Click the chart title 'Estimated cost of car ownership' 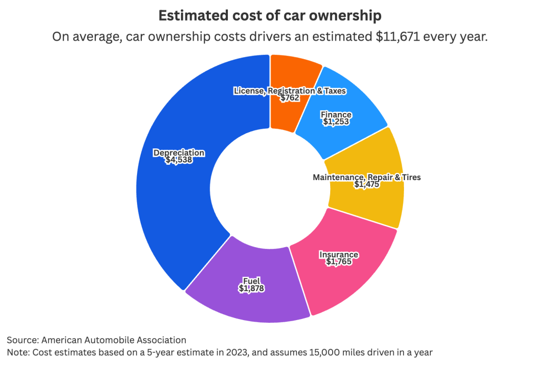pos(269,16)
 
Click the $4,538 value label pos(179,160)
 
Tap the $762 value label pos(290,98)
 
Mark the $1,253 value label pos(336,121)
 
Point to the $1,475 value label pos(367,184)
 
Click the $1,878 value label pos(251,288)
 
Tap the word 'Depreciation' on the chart pos(179,153)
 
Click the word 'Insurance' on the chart pos(339,255)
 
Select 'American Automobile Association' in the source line pos(113,340)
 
